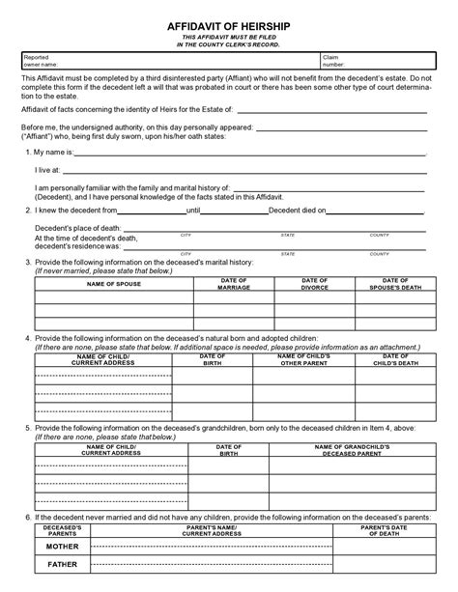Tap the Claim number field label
pos(335,60)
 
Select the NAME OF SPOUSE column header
pos(112,285)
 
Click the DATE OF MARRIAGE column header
pos(234,284)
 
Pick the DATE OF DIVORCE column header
pos(315,284)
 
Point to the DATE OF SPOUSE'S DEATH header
pos(395,284)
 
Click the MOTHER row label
pos(62,546)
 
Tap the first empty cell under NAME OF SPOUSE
pos(112,298)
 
